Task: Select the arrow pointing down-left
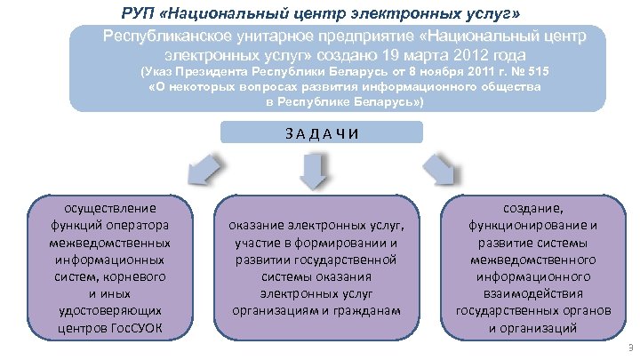click(204, 167)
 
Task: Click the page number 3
click(629, 347)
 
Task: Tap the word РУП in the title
click(138, 14)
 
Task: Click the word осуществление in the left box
click(110, 206)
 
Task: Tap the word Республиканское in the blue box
click(170, 35)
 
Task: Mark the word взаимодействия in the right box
click(532, 293)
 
